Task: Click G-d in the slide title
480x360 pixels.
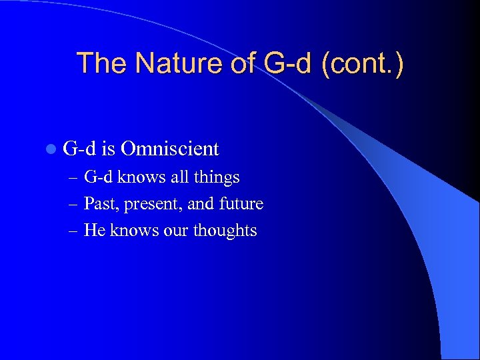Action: pyautogui.click(x=290, y=64)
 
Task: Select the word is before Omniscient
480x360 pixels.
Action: pyautogui.click(x=110, y=148)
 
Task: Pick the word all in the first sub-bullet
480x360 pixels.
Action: pyautogui.click(x=176, y=177)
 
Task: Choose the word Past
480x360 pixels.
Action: pyautogui.click(x=99, y=204)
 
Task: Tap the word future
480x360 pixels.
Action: pyautogui.click(x=241, y=204)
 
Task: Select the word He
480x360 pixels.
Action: pyautogui.click(x=94, y=231)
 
